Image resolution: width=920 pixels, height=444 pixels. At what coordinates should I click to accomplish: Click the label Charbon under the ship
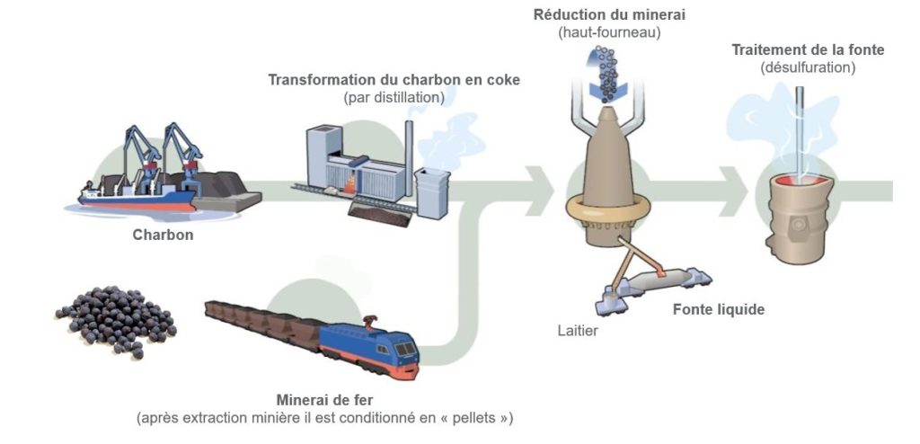(163, 235)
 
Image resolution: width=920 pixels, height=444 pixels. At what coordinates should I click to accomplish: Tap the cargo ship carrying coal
(135, 193)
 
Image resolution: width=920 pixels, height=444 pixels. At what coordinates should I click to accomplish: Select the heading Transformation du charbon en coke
(394, 80)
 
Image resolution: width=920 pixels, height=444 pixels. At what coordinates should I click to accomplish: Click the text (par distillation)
(394, 97)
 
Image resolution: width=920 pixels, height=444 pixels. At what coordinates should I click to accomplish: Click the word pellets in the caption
(473, 418)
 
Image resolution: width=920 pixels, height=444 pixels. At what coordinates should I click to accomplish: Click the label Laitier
(577, 331)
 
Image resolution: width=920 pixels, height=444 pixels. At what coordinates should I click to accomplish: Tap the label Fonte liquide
(719, 310)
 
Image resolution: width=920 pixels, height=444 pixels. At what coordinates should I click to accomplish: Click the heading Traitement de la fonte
(808, 50)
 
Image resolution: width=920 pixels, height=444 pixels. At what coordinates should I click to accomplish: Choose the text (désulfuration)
(808, 67)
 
